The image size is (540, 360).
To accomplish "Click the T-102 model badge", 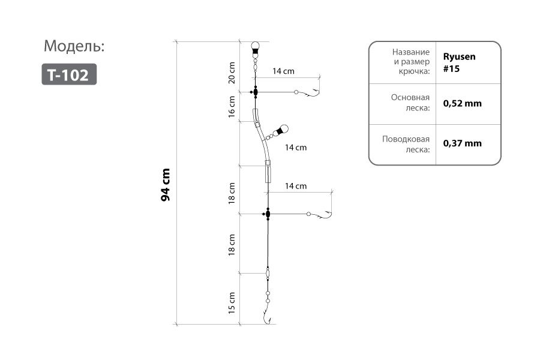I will pyautogui.click(x=69, y=74).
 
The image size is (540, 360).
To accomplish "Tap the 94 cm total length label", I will pyautogui.click(x=166, y=184).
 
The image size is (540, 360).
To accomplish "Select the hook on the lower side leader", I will pyautogui.click(x=325, y=215).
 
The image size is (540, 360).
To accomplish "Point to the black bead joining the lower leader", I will pyautogui.click(x=268, y=214).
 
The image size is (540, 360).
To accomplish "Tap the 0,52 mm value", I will pyautogui.click(x=462, y=103).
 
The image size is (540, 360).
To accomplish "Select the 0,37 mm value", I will pyautogui.click(x=462, y=143).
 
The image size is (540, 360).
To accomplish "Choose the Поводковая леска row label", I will pyautogui.click(x=407, y=144).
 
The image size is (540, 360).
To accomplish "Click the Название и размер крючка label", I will pyautogui.click(x=410, y=62).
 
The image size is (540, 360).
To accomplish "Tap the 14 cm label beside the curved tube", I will pyautogui.click(x=296, y=147).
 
